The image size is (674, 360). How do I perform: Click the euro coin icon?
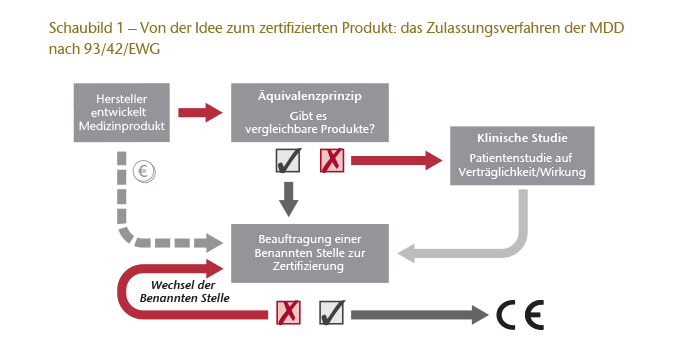point(143,170)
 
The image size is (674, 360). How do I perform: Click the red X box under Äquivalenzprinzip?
point(331,159)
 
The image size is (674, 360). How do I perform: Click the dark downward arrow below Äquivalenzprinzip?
point(288,197)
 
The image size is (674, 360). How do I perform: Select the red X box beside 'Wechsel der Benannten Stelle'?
point(288,314)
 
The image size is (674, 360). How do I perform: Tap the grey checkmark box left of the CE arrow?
point(331,314)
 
